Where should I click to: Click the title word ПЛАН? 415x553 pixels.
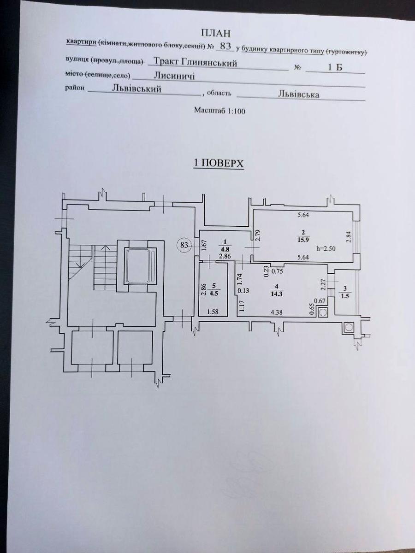coord(216,34)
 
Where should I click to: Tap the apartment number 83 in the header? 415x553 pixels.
coord(225,46)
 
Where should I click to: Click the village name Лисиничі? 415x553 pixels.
coord(174,76)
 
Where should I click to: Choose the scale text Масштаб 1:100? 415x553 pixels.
coord(219,111)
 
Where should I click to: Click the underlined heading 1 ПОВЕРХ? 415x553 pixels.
coord(218,164)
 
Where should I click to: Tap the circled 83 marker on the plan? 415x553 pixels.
coord(184,245)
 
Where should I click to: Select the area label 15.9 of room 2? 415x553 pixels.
coord(303,240)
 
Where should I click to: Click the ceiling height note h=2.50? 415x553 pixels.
coord(326,248)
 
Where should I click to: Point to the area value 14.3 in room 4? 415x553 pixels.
coord(277,294)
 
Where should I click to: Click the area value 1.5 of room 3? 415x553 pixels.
coord(345,296)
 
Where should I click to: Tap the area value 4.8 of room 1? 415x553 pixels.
coord(225,250)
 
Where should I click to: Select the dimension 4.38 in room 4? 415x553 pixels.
coord(276,312)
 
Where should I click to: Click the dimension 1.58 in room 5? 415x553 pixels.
coord(213,312)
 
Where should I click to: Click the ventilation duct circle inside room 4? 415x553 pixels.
coord(323,312)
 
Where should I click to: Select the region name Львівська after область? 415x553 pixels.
coord(299,94)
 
